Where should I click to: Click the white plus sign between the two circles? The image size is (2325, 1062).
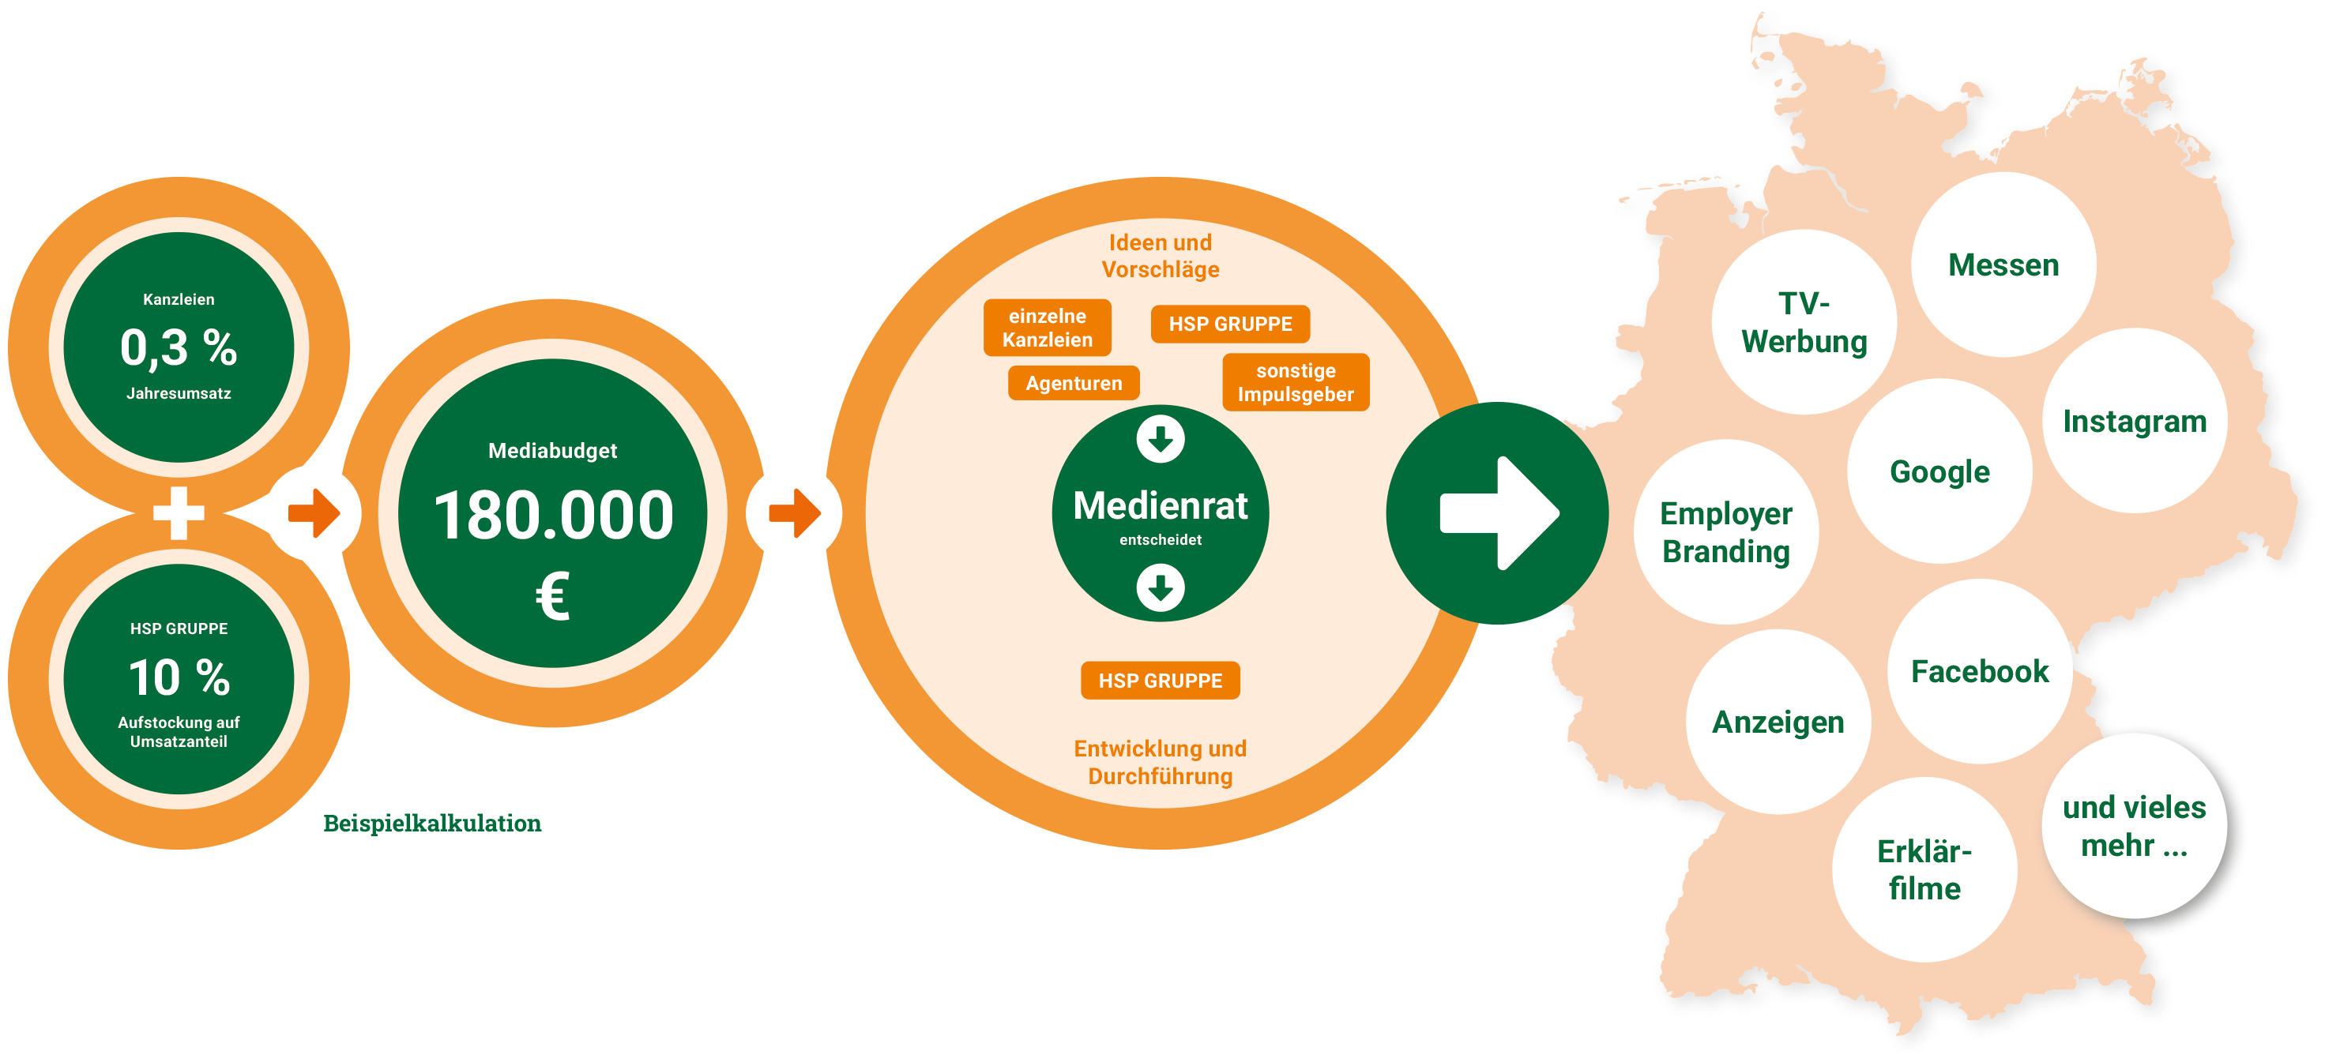point(179,512)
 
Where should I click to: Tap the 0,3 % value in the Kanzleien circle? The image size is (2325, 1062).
point(179,347)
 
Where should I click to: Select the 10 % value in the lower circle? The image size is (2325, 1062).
point(179,677)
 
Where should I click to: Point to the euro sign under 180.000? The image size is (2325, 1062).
point(552,596)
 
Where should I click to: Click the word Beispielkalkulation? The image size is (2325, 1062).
point(432,823)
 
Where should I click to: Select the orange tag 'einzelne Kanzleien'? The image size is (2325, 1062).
point(1047,328)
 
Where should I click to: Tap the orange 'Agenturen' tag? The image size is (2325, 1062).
point(1074,383)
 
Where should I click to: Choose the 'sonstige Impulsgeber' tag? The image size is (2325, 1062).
point(1296,383)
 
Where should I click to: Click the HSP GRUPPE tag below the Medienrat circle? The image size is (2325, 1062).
point(1161,681)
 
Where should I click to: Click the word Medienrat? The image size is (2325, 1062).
point(1161,505)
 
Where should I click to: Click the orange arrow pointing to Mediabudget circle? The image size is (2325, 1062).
point(314,513)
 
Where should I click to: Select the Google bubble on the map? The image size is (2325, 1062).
point(1939,472)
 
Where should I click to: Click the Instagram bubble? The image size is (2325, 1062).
point(2135,422)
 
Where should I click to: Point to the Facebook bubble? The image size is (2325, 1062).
point(1981,671)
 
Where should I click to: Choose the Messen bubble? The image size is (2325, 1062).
point(2003,265)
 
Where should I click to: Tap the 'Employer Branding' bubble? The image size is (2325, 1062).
point(1725,532)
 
